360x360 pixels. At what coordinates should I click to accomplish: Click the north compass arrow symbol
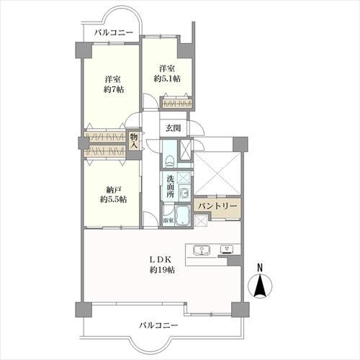261,287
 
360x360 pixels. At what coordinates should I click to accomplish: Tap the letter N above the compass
261,269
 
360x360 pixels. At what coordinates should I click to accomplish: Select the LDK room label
160,264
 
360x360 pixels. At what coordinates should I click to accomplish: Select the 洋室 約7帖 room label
111,84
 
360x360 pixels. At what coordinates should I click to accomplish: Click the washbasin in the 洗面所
184,192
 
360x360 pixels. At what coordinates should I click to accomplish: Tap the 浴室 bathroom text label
167,220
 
